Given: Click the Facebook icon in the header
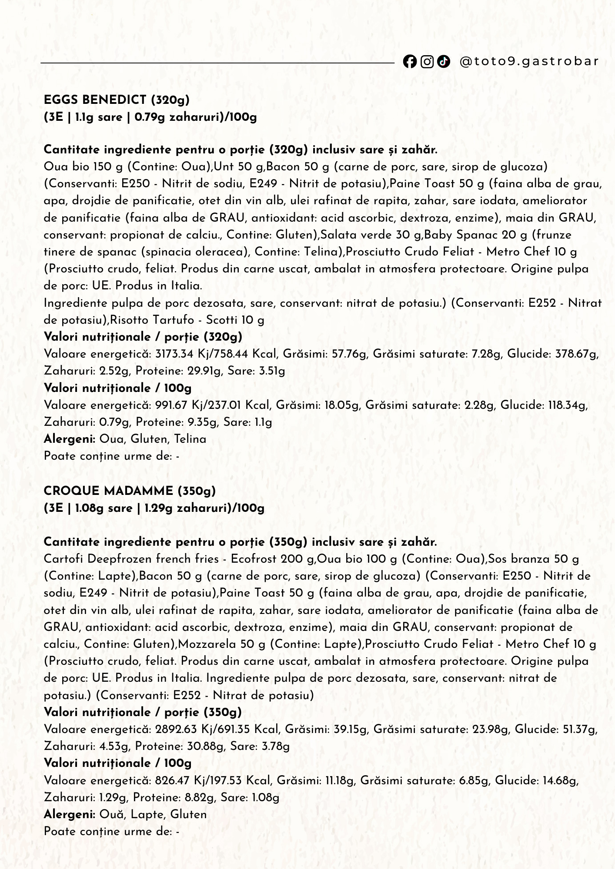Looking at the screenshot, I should (x=409, y=62).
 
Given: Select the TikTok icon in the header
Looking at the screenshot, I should (x=443, y=62).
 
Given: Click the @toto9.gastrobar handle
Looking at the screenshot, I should (x=529, y=61).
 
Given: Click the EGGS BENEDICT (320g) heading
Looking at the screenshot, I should (x=117, y=100).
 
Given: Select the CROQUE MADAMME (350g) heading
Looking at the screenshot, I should (x=130, y=491).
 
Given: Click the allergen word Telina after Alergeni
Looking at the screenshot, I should (x=190, y=439).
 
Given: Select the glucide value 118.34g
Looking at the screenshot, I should (x=566, y=405).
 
